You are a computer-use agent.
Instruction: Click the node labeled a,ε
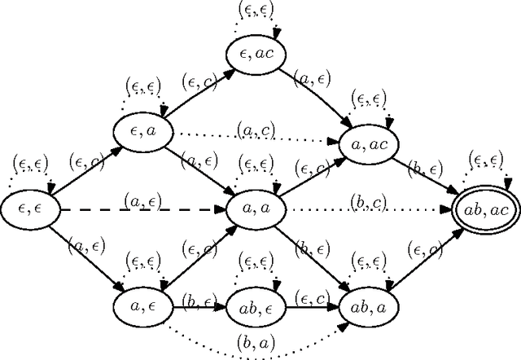pos(143,306)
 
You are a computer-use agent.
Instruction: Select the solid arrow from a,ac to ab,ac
pos(427,173)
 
